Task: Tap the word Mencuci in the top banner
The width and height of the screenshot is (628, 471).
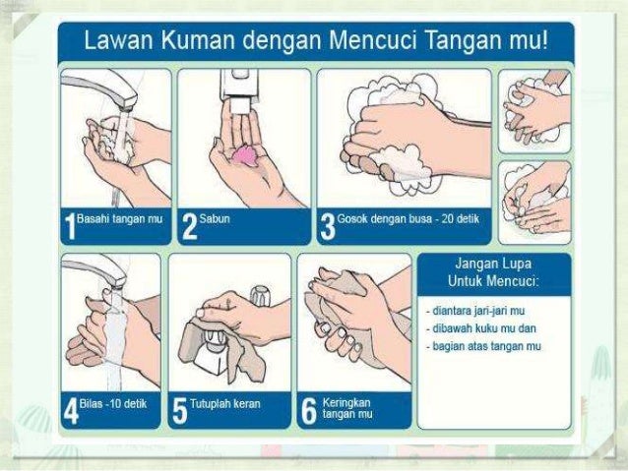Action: (x=372, y=41)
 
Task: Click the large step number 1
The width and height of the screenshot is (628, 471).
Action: (x=70, y=226)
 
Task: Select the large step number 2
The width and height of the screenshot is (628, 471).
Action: (x=189, y=226)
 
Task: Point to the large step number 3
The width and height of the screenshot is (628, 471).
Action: (x=328, y=226)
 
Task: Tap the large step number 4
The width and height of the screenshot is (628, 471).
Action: (x=71, y=411)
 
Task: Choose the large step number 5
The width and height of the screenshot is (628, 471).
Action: (x=180, y=411)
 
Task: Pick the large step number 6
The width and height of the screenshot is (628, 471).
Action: (x=308, y=411)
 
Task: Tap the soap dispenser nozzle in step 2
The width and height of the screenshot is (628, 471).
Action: (x=240, y=106)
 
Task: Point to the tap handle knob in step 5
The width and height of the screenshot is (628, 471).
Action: (x=260, y=295)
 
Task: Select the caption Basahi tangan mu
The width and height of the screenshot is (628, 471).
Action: (x=119, y=219)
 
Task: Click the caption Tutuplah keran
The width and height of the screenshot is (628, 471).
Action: (x=225, y=403)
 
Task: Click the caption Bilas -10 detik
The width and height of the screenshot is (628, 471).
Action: (x=113, y=403)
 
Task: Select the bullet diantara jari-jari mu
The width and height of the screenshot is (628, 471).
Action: (x=475, y=311)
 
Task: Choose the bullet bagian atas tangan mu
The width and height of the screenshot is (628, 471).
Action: (x=483, y=346)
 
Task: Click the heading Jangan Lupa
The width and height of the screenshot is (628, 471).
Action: (x=493, y=264)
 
